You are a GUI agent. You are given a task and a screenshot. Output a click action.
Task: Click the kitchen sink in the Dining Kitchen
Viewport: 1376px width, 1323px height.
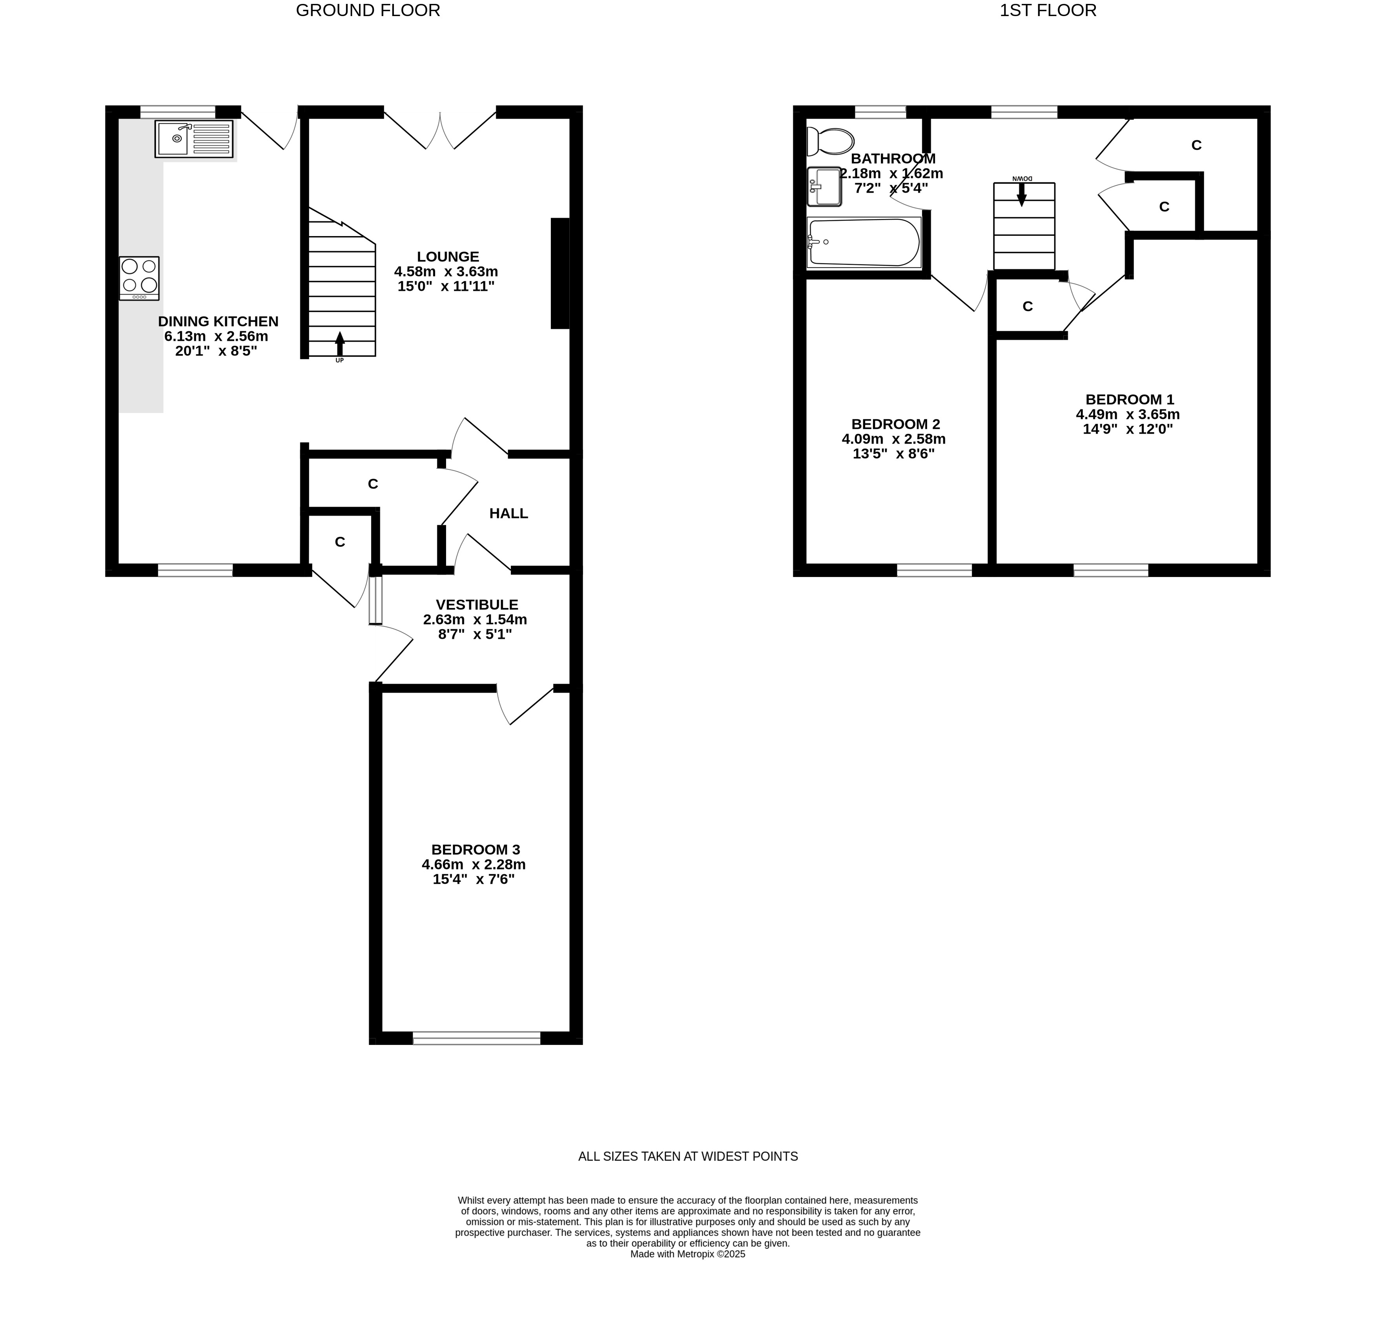tap(194, 139)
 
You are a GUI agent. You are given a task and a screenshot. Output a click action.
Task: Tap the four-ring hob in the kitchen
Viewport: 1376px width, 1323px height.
tap(139, 278)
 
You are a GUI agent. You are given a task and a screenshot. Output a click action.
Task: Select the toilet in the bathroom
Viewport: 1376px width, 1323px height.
tap(830, 141)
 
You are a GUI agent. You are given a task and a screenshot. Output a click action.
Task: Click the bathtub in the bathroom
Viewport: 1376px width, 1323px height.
tap(864, 242)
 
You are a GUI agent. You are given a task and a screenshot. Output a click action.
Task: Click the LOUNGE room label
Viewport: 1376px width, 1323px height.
tap(448, 257)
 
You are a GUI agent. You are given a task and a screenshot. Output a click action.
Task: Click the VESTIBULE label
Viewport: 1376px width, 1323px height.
tap(477, 604)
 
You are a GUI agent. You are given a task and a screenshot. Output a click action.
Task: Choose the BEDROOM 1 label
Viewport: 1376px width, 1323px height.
tap(1130, 399)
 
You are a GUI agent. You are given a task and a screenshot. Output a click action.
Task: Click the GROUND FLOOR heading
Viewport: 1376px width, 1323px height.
tap(368, 11)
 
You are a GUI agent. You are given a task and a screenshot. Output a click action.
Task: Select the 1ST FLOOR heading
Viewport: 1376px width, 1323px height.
tap(1048, 11)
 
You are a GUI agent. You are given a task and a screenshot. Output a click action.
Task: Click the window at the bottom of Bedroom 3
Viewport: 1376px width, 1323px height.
tap(477, 1038)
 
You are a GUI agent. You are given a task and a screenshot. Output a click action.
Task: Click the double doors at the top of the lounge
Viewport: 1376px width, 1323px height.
tap(440, 131)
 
